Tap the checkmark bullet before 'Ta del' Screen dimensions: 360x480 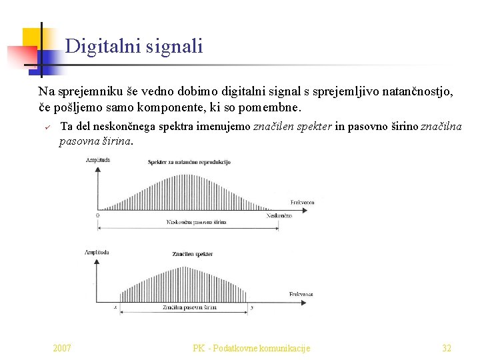click(x=48, y=127)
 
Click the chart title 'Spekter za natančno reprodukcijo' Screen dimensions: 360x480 click(x=189, y=162)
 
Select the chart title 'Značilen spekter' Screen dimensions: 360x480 click(x=192, y=254)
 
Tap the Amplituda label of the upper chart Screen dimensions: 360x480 click(x=97, y=160)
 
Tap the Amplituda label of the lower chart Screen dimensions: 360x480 click(x=97, y=252)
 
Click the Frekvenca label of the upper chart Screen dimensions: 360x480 click(x=303, y=202)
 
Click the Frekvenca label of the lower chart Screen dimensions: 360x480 click(x=301, y=294)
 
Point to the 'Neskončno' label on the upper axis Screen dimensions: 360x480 click(x=279, y=215)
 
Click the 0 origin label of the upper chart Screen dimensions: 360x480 click(x=98, y=215)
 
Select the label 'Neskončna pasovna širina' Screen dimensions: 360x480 click(x=196, y=222)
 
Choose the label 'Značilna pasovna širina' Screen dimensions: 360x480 click(x=190, y=307)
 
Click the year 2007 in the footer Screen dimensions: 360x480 click(x=63, y=348)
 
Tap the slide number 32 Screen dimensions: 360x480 click(x=447, y=348)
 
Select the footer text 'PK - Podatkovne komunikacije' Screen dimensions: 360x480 click(x=251, y=348)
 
